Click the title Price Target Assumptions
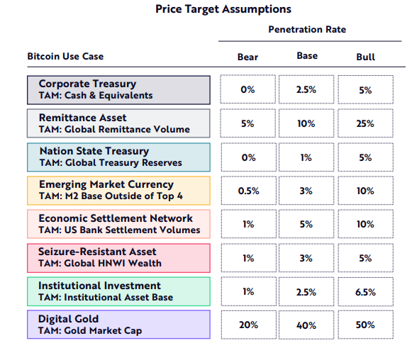click(223, 9)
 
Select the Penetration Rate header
click(307, 29)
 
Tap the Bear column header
click(247, 57)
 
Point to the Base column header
click(307, 56)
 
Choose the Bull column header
click(365, 57)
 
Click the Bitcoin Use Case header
click(65, 56)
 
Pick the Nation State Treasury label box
click(118, 157)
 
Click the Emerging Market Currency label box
click(118, 191)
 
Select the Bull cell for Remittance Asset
click(365, 123)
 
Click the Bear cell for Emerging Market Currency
click(249, 191)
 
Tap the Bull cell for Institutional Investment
click(365, 292)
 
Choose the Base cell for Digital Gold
click(306, 325)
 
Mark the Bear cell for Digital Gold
click(249, 325)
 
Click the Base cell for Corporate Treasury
click(306, 89)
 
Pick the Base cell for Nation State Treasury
click(306, 157)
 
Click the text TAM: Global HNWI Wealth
click(100, 263)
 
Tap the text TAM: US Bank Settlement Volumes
click(119, 230)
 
